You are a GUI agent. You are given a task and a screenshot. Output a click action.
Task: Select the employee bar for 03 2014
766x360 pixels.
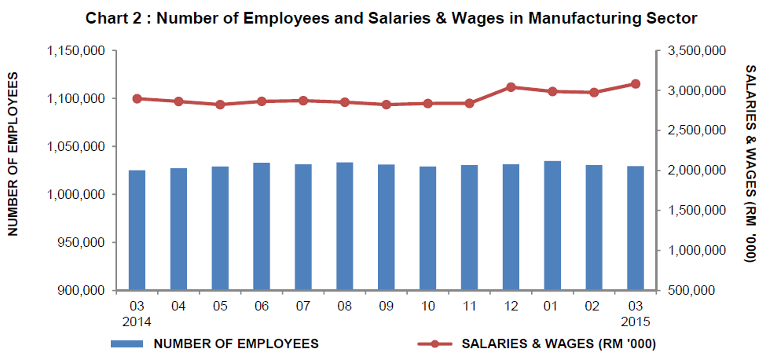137,230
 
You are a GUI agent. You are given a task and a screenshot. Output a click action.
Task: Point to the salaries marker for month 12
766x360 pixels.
511,87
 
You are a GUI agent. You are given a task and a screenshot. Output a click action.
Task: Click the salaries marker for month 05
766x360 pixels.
220,105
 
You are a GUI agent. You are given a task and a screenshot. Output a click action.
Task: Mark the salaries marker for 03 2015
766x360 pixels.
636,83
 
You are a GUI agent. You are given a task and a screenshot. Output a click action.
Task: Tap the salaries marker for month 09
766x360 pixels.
386,105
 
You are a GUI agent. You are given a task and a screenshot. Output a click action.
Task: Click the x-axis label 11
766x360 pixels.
469,305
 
